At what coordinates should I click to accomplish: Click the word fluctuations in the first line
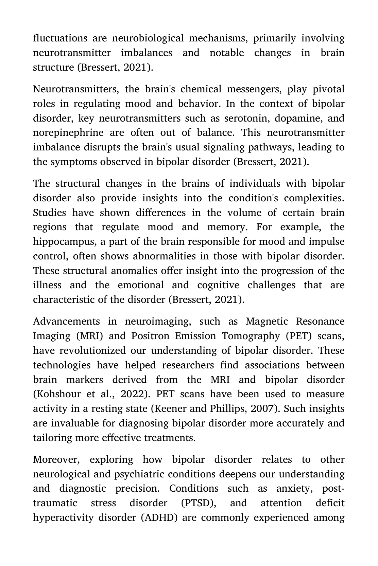(60, 38)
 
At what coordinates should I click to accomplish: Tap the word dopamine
(295, 118)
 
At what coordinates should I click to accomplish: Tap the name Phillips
(228, 408)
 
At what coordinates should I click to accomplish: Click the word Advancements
(66, 321)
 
